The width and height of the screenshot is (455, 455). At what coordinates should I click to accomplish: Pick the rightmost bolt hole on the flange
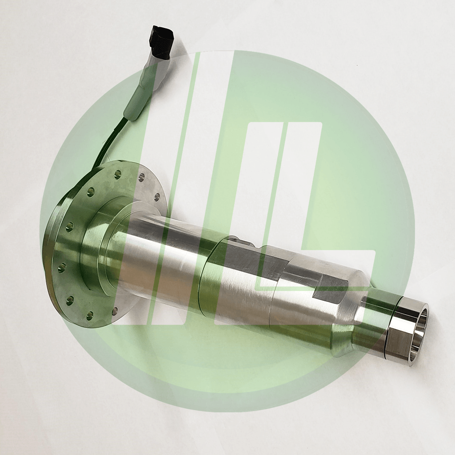tap(156, 196)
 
